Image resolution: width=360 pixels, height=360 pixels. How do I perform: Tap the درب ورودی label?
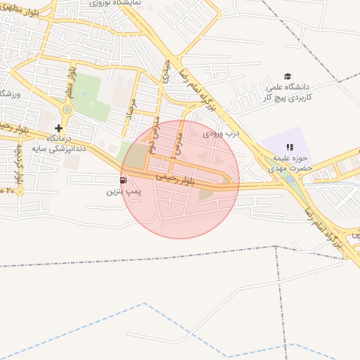click(221, 132)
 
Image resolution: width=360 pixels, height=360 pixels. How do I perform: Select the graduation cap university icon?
click(287, 77)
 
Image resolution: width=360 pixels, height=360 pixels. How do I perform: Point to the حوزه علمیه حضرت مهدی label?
click(289, 164)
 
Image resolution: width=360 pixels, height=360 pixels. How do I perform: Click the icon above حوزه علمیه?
click(289, 147)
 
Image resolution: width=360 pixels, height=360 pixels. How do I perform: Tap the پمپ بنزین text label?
click(121, 191)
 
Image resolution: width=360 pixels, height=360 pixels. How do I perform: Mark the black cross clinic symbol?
click(58, 129)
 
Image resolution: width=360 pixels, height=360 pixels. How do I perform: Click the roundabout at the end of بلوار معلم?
click(67, 109)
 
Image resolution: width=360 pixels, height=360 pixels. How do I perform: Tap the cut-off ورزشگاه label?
click(8, 94)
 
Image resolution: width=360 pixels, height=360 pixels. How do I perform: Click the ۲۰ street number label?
click(7, 190)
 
